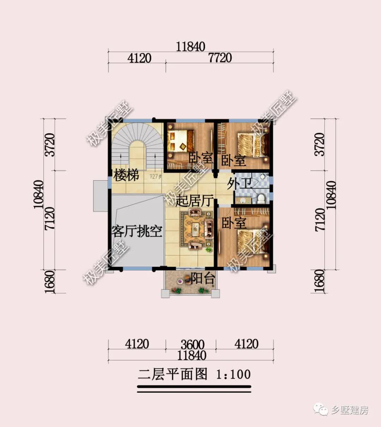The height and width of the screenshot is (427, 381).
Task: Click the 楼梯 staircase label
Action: coord(126,175)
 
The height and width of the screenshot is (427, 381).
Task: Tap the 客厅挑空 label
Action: coord(137,231)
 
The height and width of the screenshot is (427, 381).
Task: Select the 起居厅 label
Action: coord(194,201)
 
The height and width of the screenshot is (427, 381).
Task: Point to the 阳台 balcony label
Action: coord(203,279)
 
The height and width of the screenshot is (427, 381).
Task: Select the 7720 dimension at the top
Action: coord(220,58)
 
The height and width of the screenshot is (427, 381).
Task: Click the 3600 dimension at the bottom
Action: coord(193,344)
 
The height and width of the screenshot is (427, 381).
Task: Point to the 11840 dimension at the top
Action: coord(190,46)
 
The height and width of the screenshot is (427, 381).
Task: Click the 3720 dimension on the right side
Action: coord(319,145)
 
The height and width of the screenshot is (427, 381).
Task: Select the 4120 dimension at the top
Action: coord(139,58)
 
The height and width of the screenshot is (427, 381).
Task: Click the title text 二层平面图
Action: coord(173,374)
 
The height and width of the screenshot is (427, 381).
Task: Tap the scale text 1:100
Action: coord(233,374)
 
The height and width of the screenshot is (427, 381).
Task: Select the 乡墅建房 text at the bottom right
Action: coord(349,410)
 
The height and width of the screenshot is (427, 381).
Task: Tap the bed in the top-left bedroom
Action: coord(181,140)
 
